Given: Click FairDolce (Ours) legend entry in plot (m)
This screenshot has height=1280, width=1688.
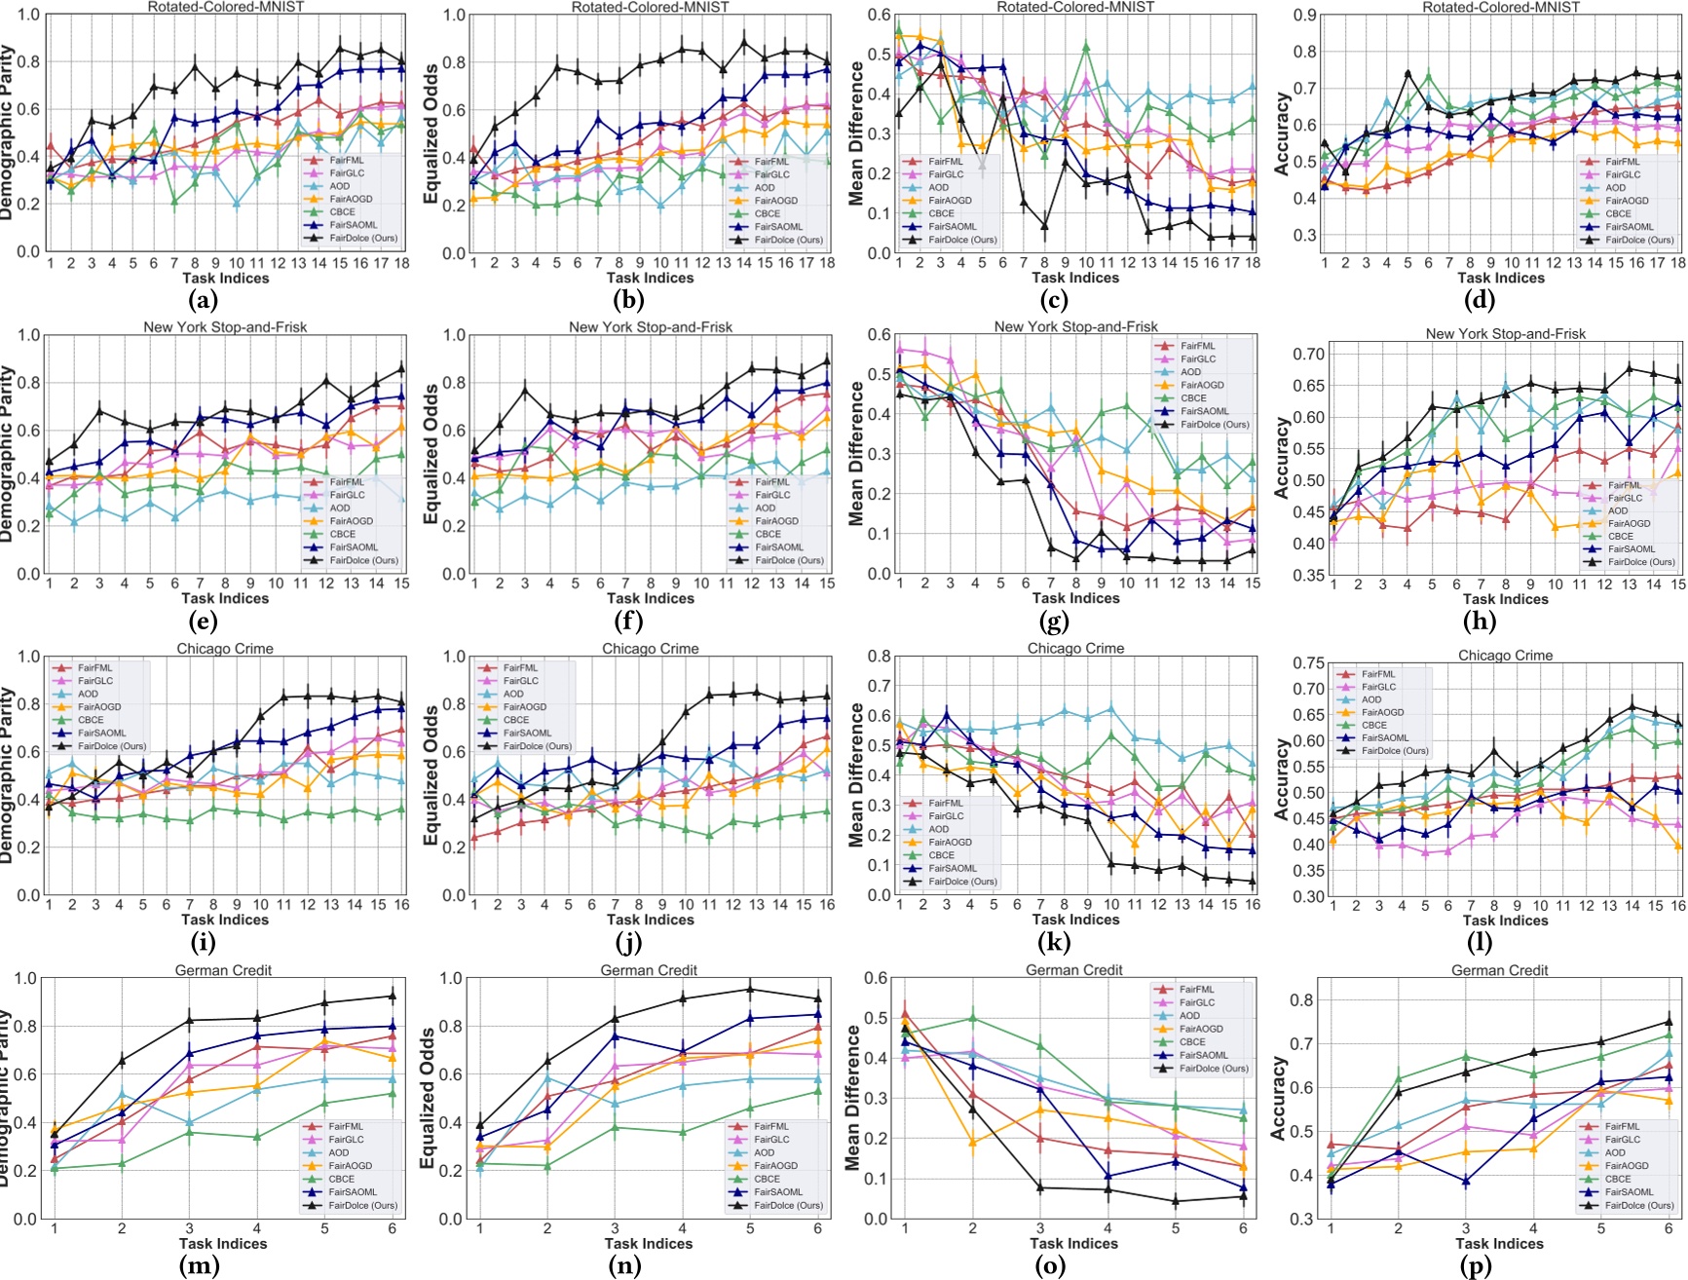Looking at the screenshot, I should pos(360,1205).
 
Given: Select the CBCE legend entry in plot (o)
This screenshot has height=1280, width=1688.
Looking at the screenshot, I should pos(1192,1041).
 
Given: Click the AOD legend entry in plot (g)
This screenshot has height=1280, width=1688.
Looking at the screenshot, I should pos(1191,372).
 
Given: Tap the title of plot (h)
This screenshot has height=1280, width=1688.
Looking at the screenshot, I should pos(1505,333).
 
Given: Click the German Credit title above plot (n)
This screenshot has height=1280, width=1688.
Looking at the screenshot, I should pos(649,969).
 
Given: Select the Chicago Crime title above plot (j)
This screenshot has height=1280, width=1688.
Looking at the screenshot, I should pos(650,648).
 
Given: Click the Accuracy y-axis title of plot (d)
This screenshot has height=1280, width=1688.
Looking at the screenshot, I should pos(1282,133).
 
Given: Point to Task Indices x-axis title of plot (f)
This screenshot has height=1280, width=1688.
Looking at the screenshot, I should pos(650,598).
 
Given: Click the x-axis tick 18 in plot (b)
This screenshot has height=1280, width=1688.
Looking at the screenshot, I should pos(826,263).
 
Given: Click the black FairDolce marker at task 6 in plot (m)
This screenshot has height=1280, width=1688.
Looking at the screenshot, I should pos(393,996).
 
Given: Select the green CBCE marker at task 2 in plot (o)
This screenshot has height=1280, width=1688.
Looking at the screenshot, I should pos(972,1018).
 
